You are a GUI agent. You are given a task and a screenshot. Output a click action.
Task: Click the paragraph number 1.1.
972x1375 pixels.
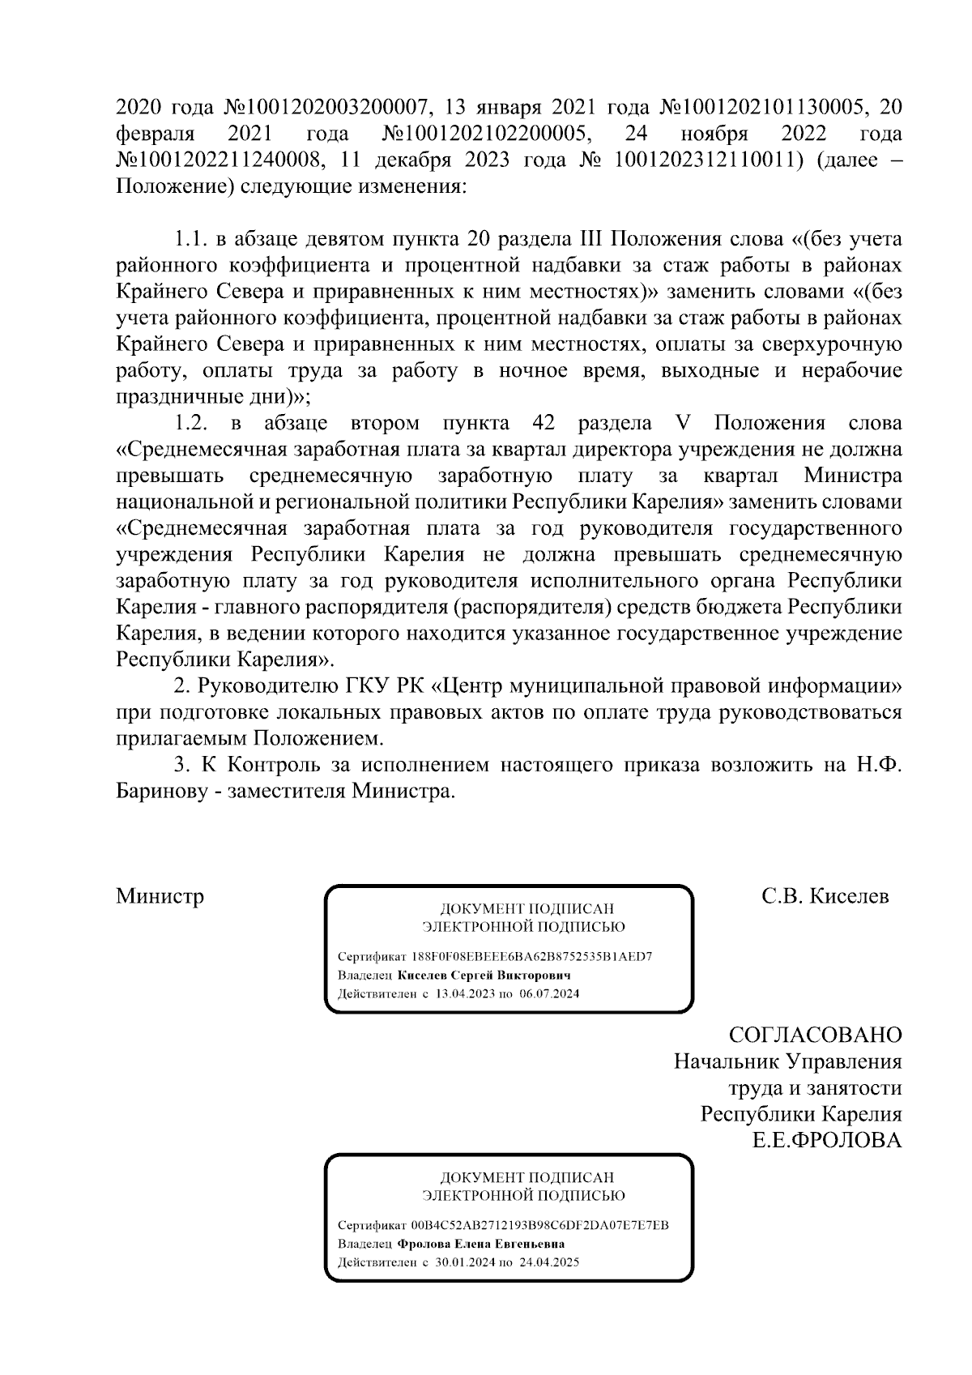pos(190,240)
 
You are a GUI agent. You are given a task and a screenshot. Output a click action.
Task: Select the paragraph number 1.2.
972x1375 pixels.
pos(193,423)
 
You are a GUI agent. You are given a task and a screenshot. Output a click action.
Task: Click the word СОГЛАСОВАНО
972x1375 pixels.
pos(815,1035)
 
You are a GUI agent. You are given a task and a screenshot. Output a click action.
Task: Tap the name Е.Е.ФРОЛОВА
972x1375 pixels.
pos(827,1140)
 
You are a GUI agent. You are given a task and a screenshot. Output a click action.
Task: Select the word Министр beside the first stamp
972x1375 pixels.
pos(160,896)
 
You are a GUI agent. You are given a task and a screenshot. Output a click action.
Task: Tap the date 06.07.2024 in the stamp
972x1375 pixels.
pos(548,993)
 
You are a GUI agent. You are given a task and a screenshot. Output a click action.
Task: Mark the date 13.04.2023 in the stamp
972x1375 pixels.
pos(460,993)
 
